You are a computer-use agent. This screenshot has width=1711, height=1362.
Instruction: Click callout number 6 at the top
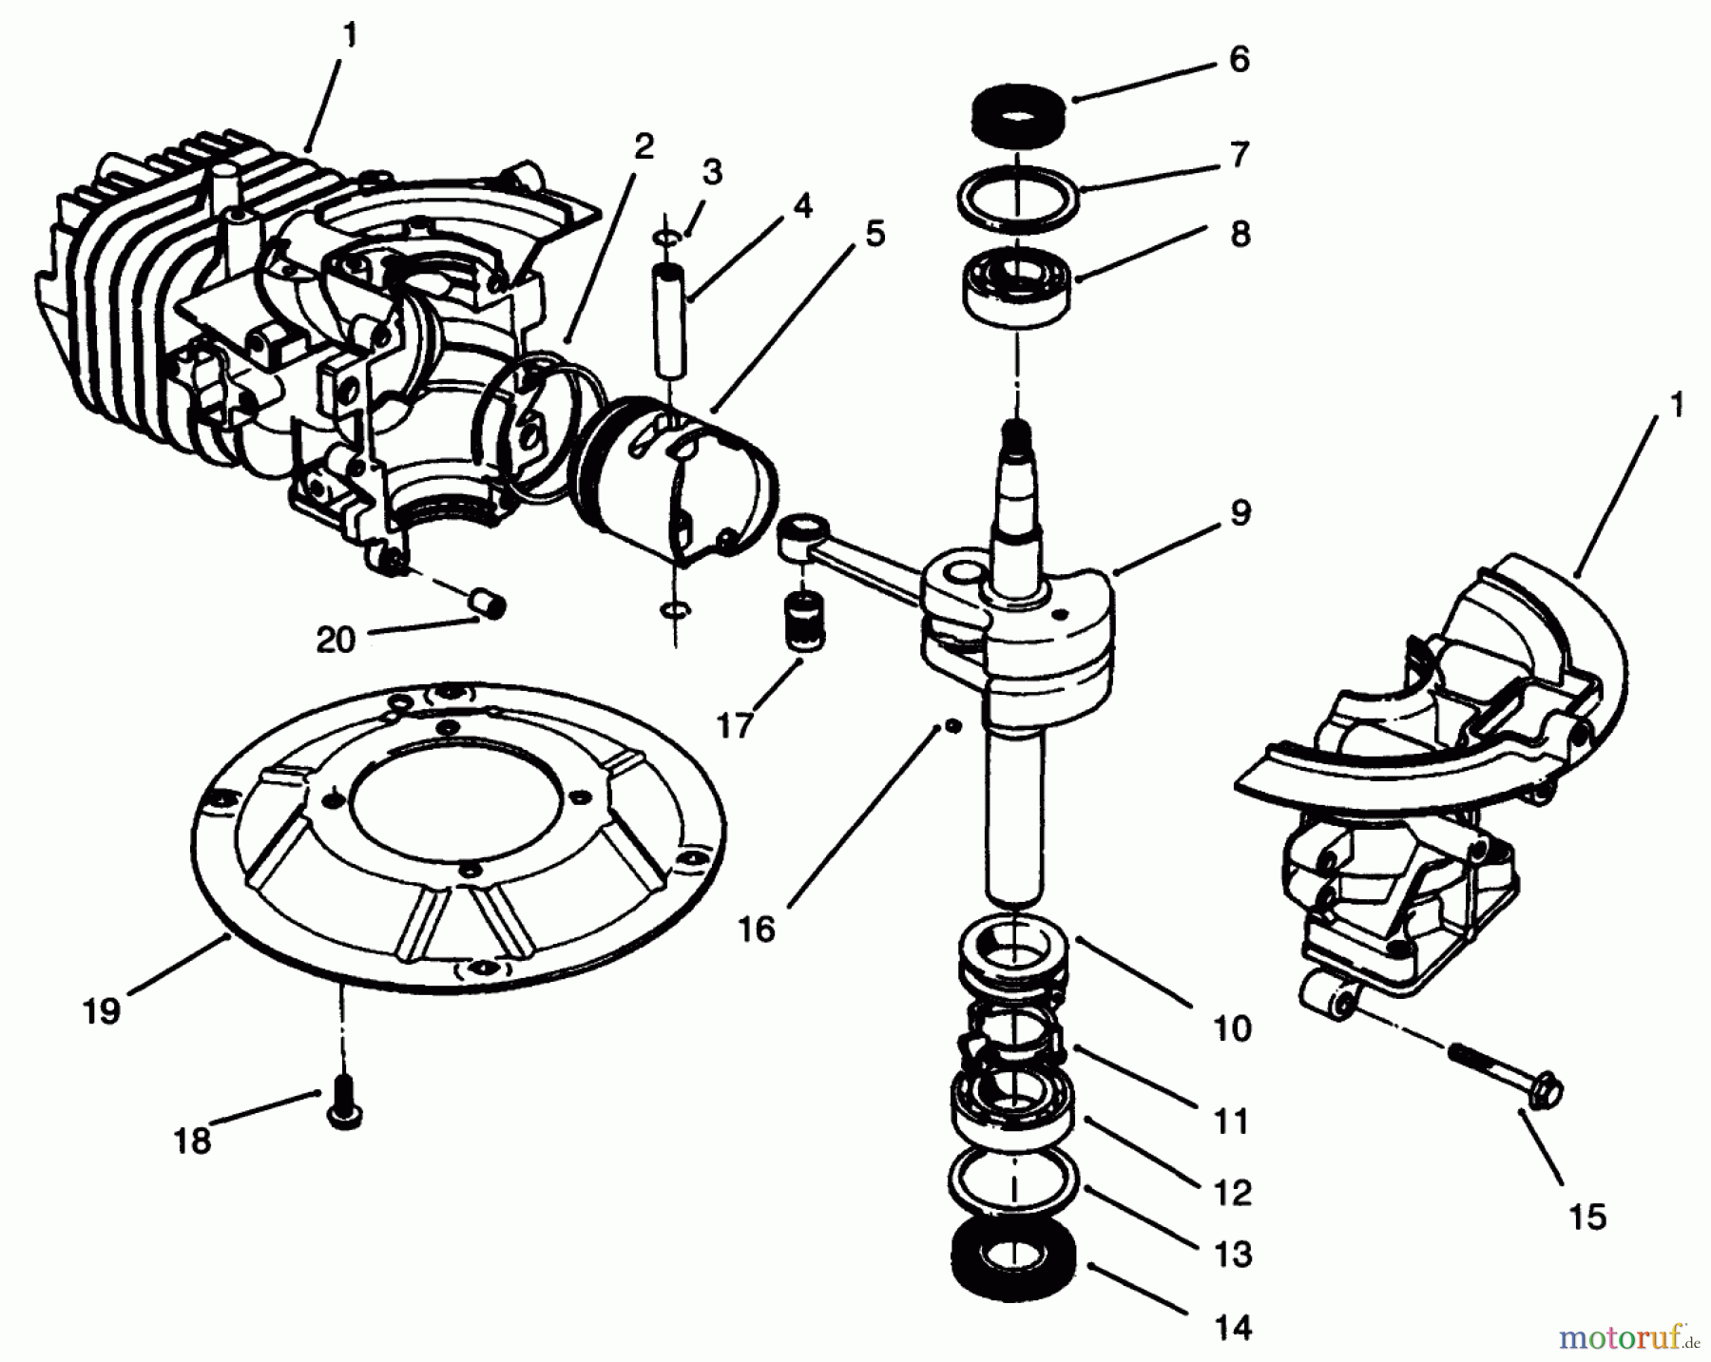tap(1239, 59)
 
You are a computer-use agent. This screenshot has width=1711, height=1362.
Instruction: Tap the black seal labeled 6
tap(1016, 116)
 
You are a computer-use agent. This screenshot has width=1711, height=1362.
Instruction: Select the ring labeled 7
tap(1017, 200)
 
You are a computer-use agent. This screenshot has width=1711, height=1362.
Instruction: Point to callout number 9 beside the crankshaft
tap(1240, 513)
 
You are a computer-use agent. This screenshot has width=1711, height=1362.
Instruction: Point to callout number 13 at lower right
tap(1233, 1255)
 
